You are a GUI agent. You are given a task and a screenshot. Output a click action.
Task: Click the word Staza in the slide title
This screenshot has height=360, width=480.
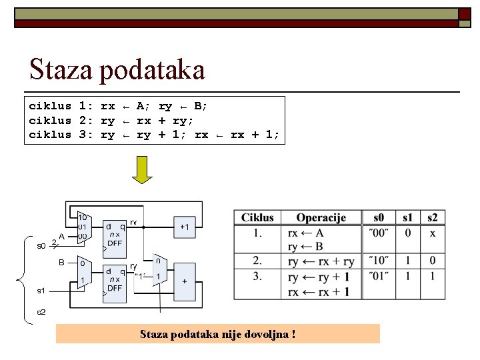pyautogui.click(x=59, y=70)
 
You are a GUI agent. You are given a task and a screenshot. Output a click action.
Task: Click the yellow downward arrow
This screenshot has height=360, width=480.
pyautogui.click(x=142, y=169)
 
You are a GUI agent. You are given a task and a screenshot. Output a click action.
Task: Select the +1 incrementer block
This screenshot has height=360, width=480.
pyautogui.click(x=185, y=227)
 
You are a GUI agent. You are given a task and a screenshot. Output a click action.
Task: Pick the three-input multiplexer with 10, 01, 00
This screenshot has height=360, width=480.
pyautogui.click(x=82, y=227)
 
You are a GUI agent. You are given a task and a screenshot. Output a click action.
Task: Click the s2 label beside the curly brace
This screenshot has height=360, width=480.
pyautogui.click(x=41, y=312)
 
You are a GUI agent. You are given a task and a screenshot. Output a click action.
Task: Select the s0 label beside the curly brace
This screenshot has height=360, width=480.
pyautogui.click(x=41, y=246)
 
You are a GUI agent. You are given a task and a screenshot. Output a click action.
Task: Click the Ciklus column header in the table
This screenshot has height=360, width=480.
pyautogui.click(x=257, y=218)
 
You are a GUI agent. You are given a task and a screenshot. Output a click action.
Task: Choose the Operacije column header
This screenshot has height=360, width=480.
pyautogui.click(x=321, y=218)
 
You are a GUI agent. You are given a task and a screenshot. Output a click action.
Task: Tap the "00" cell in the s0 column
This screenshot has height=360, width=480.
pyautogui.click(x=378, y=233)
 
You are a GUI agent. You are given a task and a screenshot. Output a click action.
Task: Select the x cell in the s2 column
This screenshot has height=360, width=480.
pyautogui.click(x=433, y=233)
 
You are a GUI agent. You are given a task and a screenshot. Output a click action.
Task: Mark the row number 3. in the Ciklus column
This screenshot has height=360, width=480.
pyautogui.click(x=257, y=275)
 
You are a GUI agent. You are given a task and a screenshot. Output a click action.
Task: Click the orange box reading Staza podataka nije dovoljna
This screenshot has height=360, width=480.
pyautogui.click(x=217, y=333)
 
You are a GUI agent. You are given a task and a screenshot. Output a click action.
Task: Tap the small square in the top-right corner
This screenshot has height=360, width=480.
pyautogui.click(x=464, y=14)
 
